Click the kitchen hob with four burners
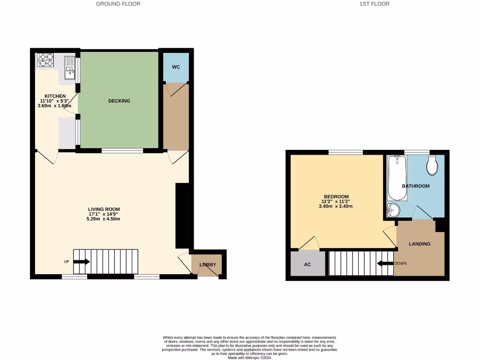46,60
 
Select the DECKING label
119,101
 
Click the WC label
176,67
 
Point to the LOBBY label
208,265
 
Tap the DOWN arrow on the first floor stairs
385,263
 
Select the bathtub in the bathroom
397,178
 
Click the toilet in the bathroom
433,165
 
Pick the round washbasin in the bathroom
393,210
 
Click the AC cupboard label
307,264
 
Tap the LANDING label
420,244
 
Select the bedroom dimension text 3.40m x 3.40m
336,206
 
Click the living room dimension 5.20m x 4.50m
104,219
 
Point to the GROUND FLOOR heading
118,4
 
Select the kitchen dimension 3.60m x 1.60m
54,106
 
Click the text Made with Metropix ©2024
249,358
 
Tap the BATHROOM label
415,186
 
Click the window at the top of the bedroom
345,152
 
